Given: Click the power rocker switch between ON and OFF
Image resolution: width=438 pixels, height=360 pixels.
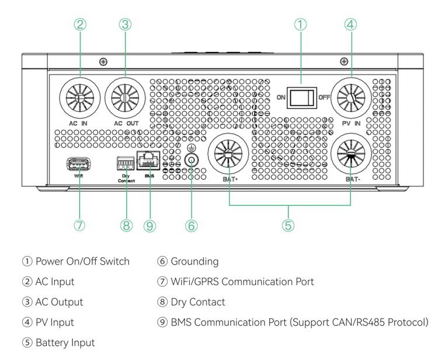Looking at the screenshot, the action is pos(302,98).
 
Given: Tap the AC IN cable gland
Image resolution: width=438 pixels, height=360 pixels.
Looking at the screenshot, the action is pos(80,98).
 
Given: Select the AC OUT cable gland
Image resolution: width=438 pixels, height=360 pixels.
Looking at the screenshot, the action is pos(125,98).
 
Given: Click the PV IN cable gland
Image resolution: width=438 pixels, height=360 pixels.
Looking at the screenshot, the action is pos(351,98).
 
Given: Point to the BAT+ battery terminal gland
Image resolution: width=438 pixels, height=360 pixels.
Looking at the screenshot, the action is pos(228,154).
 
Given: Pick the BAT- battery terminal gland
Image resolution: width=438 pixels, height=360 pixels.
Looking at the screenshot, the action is pos(351,154).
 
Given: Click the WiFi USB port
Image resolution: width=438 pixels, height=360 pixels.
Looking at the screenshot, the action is pos(79,164).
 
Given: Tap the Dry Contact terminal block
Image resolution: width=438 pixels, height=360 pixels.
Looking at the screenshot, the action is pos(126,164).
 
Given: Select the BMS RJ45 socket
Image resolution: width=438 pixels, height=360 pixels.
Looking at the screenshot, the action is pos(148,160).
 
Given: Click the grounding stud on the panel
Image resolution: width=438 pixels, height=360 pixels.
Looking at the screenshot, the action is pos(192,161).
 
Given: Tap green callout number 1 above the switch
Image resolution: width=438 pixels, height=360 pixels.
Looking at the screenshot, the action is pos(301,25).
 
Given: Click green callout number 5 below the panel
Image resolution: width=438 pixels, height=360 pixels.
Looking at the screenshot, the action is pos(288,225).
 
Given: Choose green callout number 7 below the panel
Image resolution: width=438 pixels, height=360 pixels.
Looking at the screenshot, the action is pos(79,225).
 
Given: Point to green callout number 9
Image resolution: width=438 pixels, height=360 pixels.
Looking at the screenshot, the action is pos(150,226).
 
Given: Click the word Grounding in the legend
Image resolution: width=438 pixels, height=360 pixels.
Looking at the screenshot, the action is pos(194,262).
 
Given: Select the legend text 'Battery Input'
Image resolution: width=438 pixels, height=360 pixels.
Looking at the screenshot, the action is pos(65,342).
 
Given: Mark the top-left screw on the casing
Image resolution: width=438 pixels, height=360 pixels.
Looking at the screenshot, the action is pos(103,61).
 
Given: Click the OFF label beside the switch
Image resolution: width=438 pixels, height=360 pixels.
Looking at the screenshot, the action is pos(324,97).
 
